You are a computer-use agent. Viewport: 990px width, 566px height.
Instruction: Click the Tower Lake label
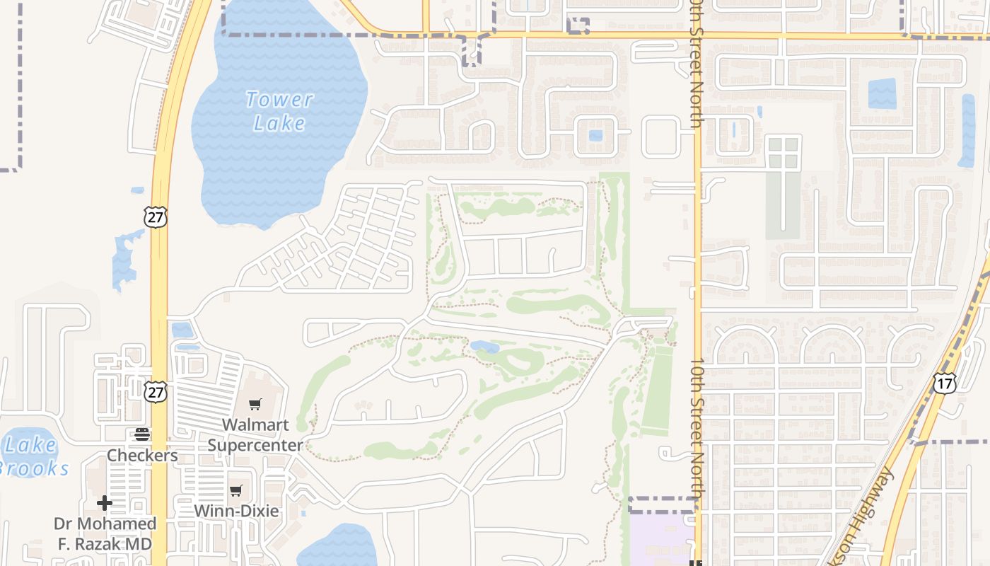[279, 111]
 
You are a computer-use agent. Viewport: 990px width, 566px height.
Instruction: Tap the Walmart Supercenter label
[255, 434]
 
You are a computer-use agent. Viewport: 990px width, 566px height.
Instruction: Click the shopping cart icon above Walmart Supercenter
[255, 404]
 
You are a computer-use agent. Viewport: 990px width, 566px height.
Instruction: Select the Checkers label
[142, 455]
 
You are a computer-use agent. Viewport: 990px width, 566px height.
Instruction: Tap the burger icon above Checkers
[142, 434]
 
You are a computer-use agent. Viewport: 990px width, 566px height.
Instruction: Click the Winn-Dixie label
[236, 510]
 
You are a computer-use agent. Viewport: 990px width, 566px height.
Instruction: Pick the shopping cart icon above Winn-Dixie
[236, 490]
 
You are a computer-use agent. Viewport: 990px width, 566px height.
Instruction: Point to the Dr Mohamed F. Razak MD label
[105, 533]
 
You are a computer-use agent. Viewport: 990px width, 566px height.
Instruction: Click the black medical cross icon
[105, 503]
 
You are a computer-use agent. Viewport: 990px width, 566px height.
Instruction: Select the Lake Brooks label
[32, 456]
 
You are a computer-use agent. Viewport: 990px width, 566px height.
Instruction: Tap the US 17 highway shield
[944, 383]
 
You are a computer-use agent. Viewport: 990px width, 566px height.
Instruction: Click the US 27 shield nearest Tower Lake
[155, 216]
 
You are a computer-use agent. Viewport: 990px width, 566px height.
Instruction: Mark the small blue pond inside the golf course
[485, 347]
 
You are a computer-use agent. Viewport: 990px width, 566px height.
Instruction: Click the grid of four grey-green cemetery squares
[784, 153]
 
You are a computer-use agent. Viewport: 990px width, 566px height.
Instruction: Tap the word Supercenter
[255, 445]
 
